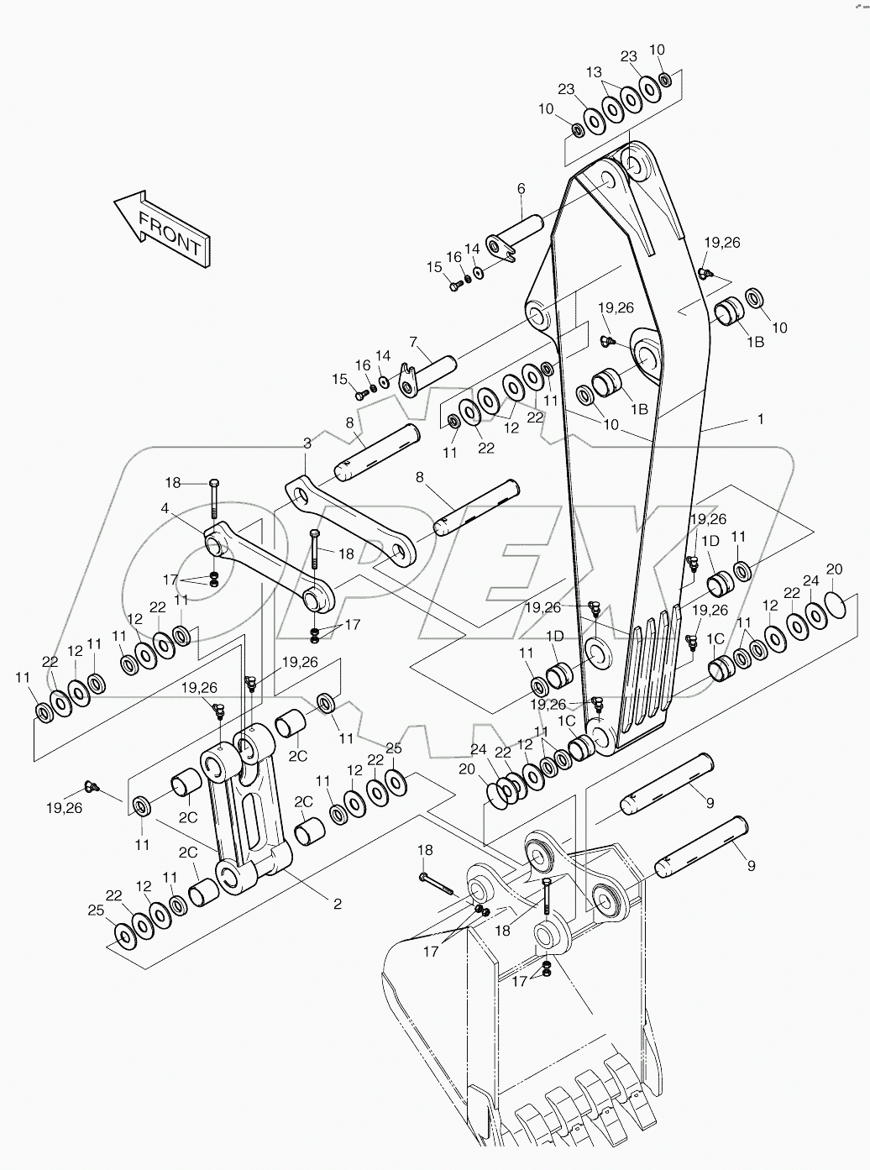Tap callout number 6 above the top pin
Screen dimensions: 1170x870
521,189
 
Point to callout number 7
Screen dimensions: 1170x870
413,342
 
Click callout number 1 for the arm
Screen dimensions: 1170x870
760,418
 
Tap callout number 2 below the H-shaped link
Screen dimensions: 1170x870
338,904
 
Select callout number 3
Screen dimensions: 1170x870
307,443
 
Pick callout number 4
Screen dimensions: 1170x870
165,507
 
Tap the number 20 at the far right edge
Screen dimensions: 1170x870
834,569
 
